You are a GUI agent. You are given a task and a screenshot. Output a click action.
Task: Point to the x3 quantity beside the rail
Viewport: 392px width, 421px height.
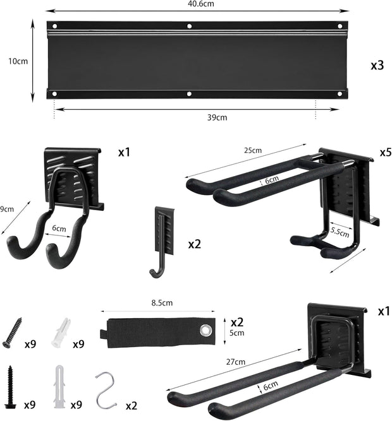coord(377,65)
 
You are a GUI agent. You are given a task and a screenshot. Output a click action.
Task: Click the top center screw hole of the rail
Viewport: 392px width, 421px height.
coord(189,27)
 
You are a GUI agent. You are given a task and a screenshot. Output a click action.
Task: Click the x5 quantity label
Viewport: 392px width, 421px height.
coord(386,153)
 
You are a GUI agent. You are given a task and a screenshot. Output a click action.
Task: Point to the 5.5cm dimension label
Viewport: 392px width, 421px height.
coord(339,233)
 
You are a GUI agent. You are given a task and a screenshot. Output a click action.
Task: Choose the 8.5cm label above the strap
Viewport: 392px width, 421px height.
coord(162,303)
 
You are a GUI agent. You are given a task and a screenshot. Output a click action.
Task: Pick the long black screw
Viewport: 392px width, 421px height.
coord(12,386)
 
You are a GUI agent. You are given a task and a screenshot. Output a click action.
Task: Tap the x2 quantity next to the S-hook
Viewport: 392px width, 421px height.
coord(132,404)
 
